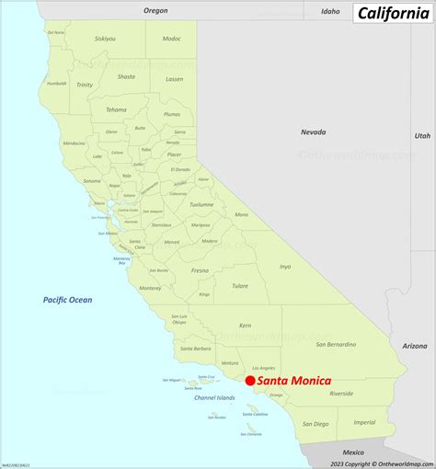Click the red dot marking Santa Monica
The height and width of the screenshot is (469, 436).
pyautogui.click(x=250, y=380)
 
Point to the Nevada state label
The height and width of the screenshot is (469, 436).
pyautogui.click(x=313, y=132)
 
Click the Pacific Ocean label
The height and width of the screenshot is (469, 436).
pyautogui.click(x=67, y=300)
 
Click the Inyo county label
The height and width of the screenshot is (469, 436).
pyautogui.click(x=285, y=267)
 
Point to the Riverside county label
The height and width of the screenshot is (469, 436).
pyautogui.click(x=341, y=393)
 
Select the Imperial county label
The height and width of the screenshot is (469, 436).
pyautogui.click(x=364, y=422)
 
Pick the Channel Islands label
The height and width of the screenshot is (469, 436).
pyautogui.click(x=214, y=398)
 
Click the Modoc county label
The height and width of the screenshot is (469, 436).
pyautogui.click(x=171, y=39)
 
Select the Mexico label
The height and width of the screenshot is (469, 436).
pyautogui.click(x=353, y=452)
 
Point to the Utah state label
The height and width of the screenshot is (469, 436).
pyautogui.click(x=421, y=135)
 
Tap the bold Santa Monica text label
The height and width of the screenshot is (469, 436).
pyautogui.click(x=294, y=380)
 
